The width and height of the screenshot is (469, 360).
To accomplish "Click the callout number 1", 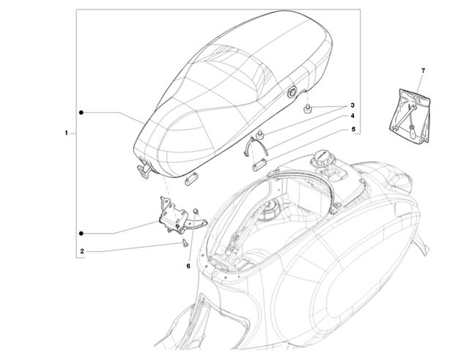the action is click(67, 133).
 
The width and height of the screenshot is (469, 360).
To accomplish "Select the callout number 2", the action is click(82, 251).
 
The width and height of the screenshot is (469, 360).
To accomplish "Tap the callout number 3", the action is click(352, 106).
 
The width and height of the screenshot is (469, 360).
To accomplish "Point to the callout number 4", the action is click(352, 116).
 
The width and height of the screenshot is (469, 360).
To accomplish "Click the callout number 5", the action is click(353, 129).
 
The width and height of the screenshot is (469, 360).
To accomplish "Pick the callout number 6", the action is click(188, 265).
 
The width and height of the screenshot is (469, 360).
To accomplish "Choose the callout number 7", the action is click(423, 71).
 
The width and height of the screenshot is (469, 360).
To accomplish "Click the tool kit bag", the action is click(410, 115).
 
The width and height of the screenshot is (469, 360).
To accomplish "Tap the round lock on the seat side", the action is click(292, 92).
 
